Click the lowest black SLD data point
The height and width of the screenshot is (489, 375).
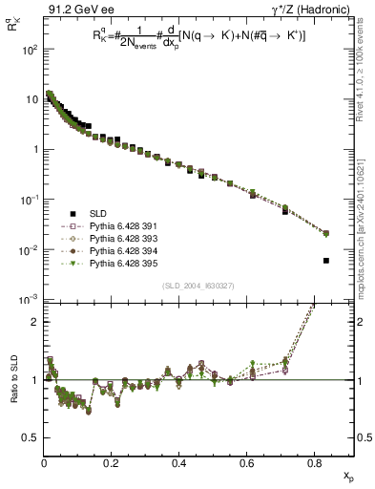pyautogui.click(x=326, y=260)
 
